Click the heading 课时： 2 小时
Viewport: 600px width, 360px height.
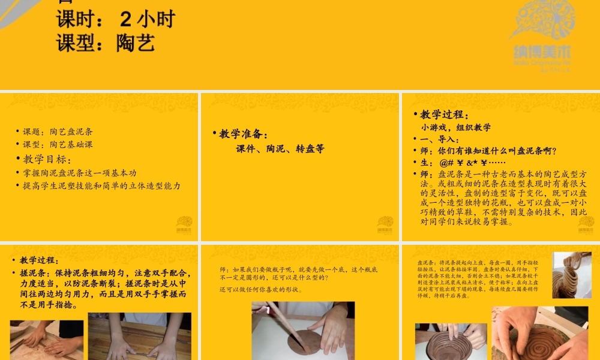116,20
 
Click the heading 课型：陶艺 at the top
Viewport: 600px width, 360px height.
106,43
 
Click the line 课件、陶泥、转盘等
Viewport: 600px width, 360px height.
280,149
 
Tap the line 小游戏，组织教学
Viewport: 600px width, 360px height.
456,127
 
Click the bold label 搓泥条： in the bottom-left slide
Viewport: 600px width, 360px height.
35,272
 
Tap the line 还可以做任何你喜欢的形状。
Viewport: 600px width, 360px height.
260,289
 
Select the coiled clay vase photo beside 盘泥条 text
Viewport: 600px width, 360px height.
572,275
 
